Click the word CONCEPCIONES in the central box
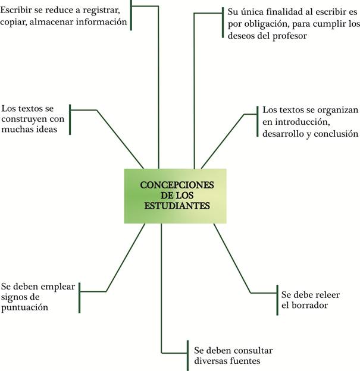click(176, 184)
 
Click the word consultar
click(248, 350)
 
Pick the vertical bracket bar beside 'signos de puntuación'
click(79, 297)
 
